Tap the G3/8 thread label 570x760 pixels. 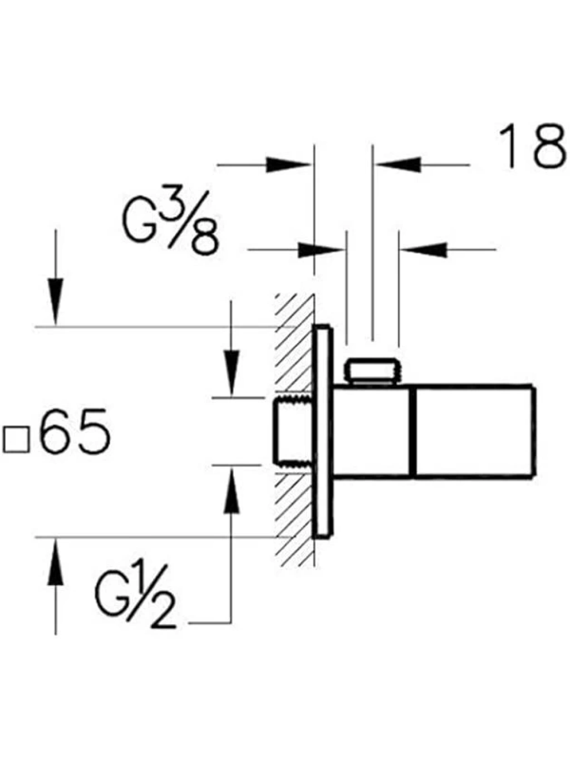tap(171, 223)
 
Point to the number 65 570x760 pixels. tap(75, 431)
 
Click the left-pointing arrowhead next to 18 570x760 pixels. tap(399, 165)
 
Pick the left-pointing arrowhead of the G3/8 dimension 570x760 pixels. tap(424, 249)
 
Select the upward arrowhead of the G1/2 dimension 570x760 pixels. tap(232, 491)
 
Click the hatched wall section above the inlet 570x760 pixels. tap(294, 343)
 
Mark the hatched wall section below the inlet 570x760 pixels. tap(294, 519)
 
